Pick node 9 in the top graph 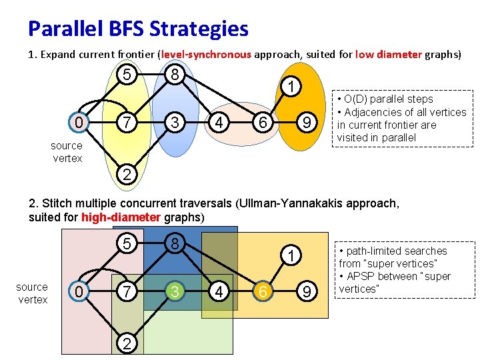pos(306,123)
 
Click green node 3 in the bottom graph pos(173,291)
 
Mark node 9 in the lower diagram pos(306,291)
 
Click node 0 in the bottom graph pos(79,291)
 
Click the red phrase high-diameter pos(120,217)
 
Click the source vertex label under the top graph pos(67,152)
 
